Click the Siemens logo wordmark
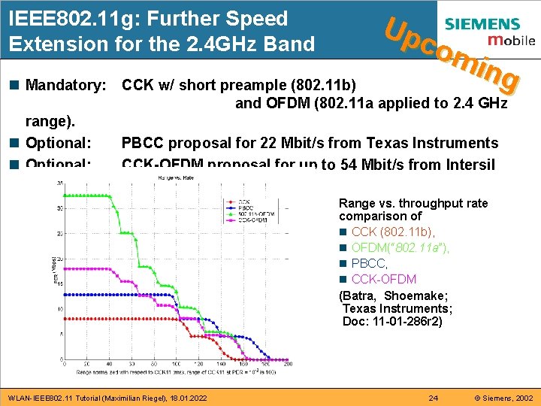[x=492, y=25]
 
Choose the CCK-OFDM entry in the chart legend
[x=255, y=220]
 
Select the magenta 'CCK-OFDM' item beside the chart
[x=384, y=279]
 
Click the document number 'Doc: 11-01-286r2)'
[x=392, y=321]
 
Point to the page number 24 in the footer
[x=433, y=397]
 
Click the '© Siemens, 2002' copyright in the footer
[x=497, y=397]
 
